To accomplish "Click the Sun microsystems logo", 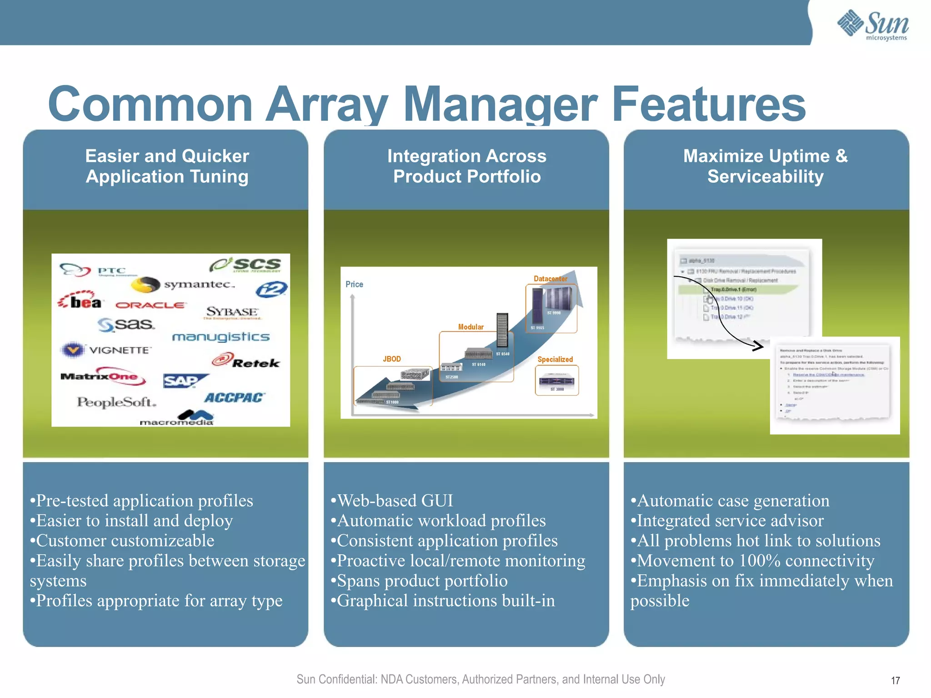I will [873, 25].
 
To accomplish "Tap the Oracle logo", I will [150, 305].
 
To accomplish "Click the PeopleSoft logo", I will [116, 402].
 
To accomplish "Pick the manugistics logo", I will [221, 337].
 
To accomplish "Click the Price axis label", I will [354, 284].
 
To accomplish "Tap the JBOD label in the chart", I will [391, 359].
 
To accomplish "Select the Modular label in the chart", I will [471, 327].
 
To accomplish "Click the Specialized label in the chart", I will [555, 359].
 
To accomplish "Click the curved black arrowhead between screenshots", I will [758, 346].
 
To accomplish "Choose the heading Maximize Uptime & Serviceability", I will [766, 166].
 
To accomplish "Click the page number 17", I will [895, 680].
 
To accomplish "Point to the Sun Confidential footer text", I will [481, 679].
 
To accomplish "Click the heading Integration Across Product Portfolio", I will [466, 166].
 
